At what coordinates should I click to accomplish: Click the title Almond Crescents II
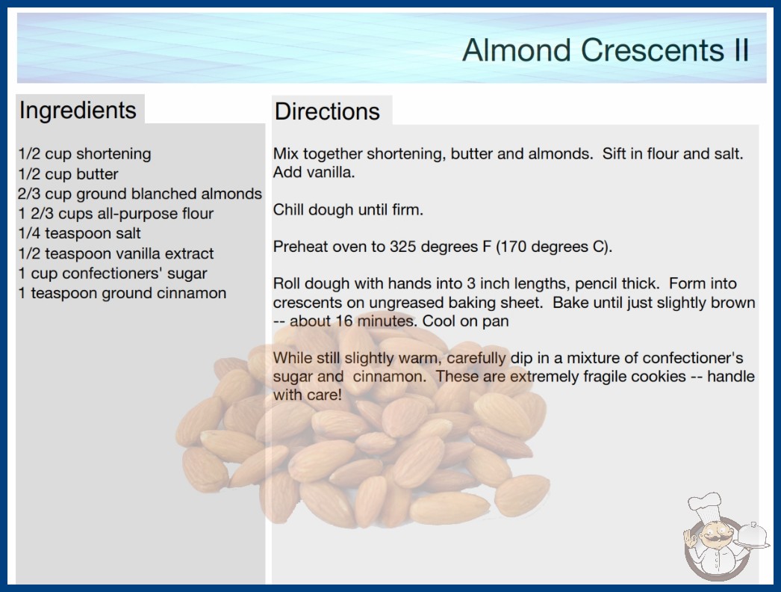click(606, 50)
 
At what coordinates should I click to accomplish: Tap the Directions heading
click(327, 111)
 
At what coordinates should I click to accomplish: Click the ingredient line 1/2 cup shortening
click(84, 154)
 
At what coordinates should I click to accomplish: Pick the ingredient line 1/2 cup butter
click(68, 174)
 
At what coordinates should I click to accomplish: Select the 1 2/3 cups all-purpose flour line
click(116, 214)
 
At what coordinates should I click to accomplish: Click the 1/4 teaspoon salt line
click(80, 233)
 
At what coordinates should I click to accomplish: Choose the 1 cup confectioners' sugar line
click(113, 274)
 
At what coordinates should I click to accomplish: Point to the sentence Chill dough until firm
click(348, 209)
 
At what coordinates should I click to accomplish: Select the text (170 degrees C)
click(554, 247)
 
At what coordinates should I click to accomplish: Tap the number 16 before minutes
click(344, 321)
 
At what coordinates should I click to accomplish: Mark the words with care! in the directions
click(308, 395)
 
